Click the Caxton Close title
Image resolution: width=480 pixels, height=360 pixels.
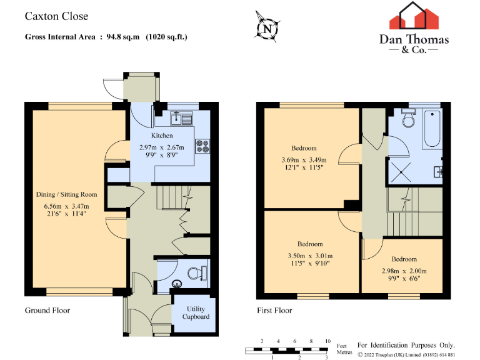pyautogui.click(x=56, y=16)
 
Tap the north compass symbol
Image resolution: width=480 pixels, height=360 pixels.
pyautogui.click(x=267, y=28)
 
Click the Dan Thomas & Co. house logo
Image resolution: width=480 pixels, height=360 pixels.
pyautogui.click(x=414, y=17)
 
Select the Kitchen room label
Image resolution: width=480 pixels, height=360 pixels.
pyautogui.click(x=162, y=136)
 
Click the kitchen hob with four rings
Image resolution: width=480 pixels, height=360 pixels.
pyautogui.click(x=203, y=146)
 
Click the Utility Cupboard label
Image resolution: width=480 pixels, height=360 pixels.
pyautogui.click(x=196, y=312)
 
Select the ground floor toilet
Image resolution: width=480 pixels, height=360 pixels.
pyautogui.click(x=199, y=272)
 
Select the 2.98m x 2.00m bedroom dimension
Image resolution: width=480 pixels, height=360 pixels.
pyautogui.click(x=404, y=271)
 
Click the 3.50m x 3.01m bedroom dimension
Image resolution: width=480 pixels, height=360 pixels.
pyautogui.click(x=310, y=256)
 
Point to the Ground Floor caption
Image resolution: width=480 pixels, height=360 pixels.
pyautogui.click(x=47, y=311)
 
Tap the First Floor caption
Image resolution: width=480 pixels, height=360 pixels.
pyautogui.click(x=274, y=311)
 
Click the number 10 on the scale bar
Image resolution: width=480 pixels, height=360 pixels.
pyautogui.click(x=327, y=341)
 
